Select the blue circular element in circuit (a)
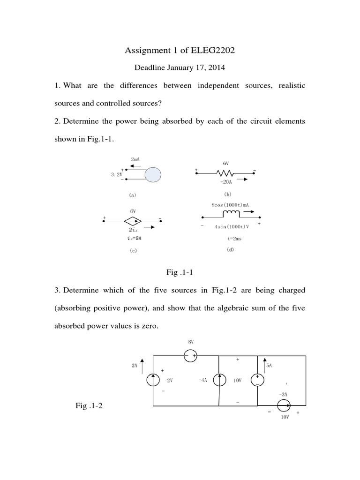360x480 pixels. tap(153, 176)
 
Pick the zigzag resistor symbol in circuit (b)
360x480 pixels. tap(225, 172)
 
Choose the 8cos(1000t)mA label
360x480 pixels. tap(230, 204)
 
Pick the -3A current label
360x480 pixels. tap(283, 394)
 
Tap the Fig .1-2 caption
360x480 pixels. tap(89, 406)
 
